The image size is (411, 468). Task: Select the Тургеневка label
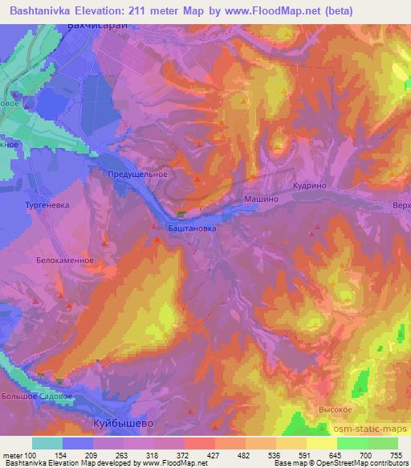click(x=44, y=205)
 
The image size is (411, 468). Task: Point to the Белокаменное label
click(x=66, y=261)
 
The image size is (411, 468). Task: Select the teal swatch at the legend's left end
click(x=47, y=443)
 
